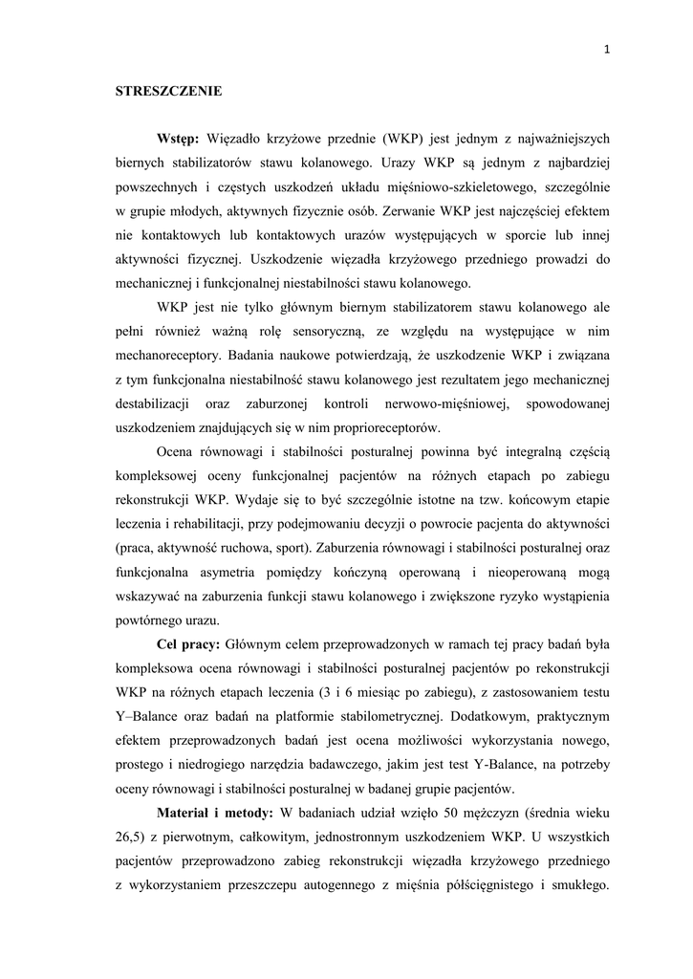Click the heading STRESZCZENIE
[168, 92]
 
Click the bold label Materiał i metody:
[214, 814]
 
